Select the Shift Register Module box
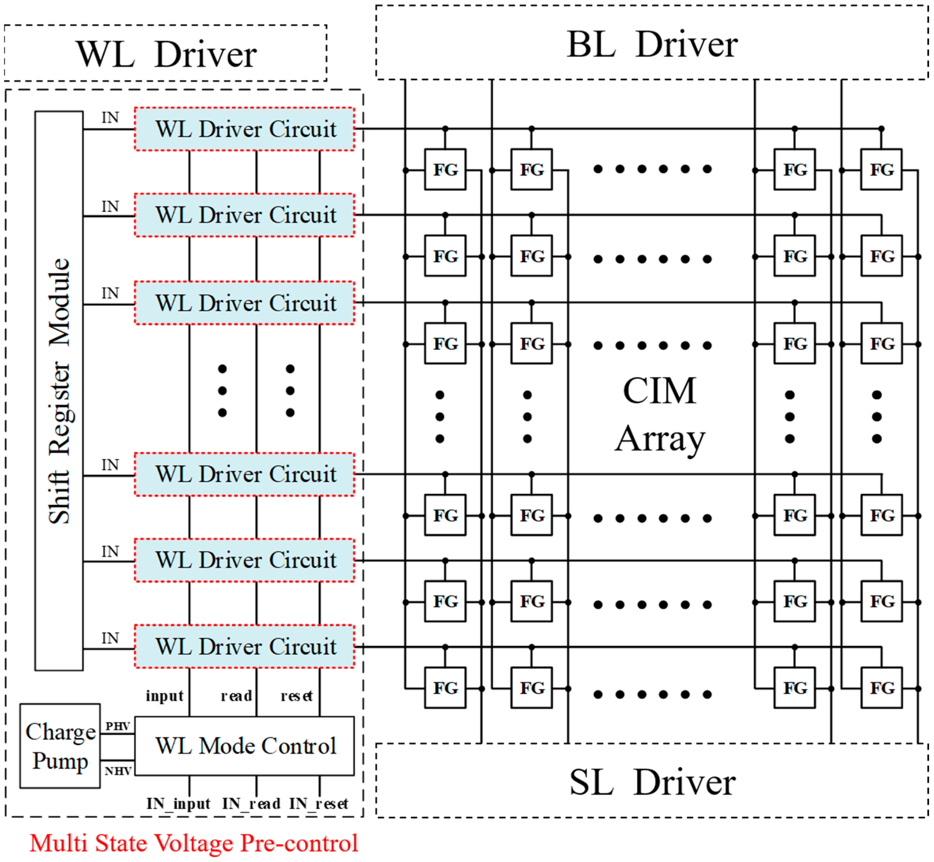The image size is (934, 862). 59,391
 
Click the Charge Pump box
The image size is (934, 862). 60,746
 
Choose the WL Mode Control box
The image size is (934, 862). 245,746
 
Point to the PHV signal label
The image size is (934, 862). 117,726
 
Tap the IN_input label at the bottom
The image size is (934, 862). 178,804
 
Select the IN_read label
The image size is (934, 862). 251,804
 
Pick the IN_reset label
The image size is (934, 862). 319,804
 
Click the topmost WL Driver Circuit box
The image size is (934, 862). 245,129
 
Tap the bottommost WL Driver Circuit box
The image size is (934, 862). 245,647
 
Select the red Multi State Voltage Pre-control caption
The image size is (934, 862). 193,843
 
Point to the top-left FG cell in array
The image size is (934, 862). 445,169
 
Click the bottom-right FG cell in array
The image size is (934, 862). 881,688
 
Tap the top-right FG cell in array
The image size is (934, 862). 881,169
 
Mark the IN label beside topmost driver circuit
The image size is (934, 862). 110,117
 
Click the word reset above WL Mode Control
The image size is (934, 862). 297,696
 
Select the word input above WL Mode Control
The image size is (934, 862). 164,696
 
